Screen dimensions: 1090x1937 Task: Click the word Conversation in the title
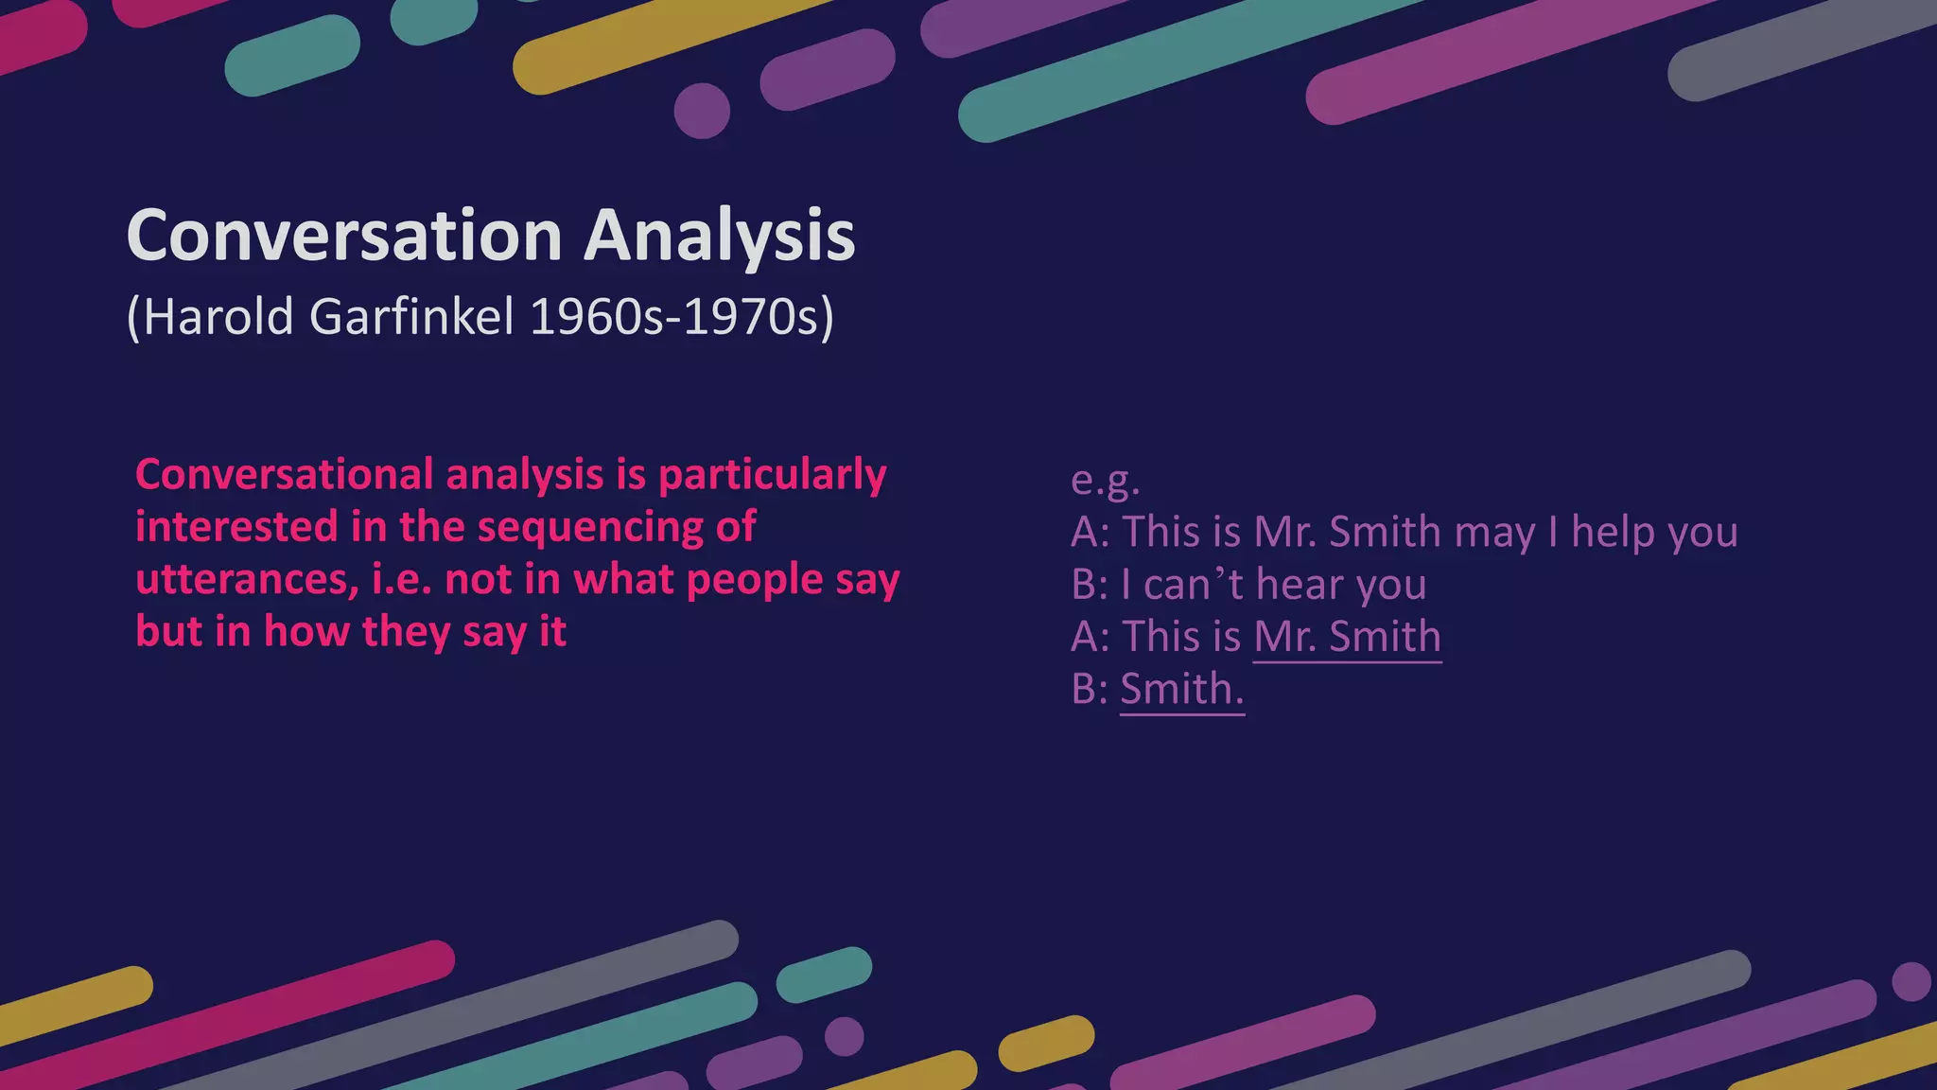pos(344,236)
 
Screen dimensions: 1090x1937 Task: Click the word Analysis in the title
pos(720,236)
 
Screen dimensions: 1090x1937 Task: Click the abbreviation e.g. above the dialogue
pos(1105,480)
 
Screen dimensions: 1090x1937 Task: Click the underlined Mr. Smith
pos(1347,637)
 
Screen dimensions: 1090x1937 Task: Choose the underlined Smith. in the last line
pos(1181,689)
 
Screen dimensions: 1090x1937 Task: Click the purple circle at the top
pos(702,111)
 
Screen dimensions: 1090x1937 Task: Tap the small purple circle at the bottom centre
pos(844,1036)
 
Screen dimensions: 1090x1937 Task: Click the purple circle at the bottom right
pos(1911,981)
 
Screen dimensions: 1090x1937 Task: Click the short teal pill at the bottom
pos(824,975)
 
